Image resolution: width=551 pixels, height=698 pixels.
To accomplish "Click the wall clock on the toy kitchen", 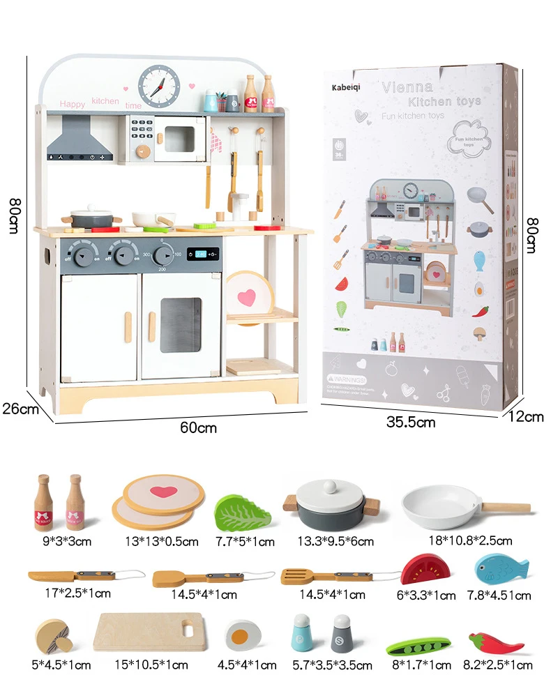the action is coord(159,86).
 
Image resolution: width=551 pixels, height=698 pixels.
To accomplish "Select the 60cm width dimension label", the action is coord(198,427).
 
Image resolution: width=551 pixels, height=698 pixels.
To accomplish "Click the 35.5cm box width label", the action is coord(411,421).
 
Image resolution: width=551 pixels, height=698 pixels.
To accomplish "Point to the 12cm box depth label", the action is coord(526,416).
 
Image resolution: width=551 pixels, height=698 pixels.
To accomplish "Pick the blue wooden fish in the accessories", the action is coord(501,568).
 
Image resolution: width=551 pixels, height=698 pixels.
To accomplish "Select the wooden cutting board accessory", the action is coord(149,631).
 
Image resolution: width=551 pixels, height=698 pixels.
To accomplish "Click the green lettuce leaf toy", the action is coord(242,513).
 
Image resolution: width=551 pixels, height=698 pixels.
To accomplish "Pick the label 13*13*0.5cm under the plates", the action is coord(161,540).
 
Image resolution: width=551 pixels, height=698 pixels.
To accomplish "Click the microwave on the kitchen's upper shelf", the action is coord(181,138).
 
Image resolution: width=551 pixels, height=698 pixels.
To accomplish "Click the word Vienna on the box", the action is coord(407,87).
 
